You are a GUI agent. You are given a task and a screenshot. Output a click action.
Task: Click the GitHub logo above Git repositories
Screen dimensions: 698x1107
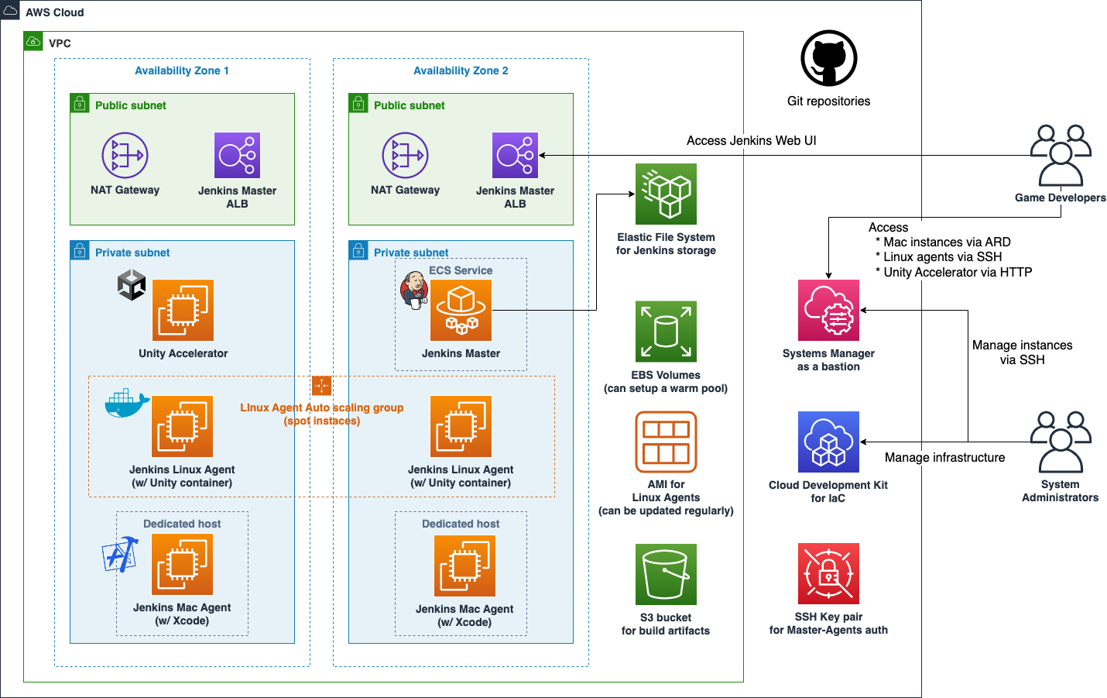pyautogui.click(x=828, y=58)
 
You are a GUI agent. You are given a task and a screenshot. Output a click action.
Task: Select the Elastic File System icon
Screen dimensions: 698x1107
pyautogui.click(x=666, y=194)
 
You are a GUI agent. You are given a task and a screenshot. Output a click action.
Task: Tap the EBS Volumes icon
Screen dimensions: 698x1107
pyautogui.click(x=666, y=332)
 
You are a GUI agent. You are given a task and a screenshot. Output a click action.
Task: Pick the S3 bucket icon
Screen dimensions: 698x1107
pyautogui.click(x=666, y=574)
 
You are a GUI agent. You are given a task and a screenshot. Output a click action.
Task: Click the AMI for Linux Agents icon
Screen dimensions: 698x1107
pyautogui.click(x=666, y=442)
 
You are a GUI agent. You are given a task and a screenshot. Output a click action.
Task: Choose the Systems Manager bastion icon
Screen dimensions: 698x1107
pyautogui.click(x=828, y=310)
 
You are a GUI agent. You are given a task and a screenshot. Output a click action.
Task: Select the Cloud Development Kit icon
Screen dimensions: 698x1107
pyautogui.click(x=828, y=442)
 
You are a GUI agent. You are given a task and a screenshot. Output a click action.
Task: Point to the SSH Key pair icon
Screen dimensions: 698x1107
pyautogui.click(x=828, y=573)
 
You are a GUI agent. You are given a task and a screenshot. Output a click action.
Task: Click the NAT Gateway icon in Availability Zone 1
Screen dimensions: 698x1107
pyautogui.click(x=125, y=155)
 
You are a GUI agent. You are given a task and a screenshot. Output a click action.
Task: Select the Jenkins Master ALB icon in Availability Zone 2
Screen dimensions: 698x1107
pyautogui.click(x=515, y=155)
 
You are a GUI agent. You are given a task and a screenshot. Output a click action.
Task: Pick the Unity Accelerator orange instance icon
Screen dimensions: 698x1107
pyautogui.click(x=183, y=310)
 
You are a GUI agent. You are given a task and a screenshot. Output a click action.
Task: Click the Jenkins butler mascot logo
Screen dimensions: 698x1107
pyautogui.click(x=414, y=291)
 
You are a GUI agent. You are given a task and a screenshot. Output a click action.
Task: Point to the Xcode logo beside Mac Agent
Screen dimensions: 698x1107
pyautogui.click(x=120, y=555)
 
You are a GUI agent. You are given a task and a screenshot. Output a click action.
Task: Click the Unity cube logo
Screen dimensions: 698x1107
pyautogui.click(x=132, y=285)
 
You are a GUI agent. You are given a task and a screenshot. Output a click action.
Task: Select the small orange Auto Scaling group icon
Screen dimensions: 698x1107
pyautogui.click(x=321, y=385)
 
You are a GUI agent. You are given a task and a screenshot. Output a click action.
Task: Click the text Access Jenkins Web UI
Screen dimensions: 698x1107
pyautogui.click(x=751, y=140)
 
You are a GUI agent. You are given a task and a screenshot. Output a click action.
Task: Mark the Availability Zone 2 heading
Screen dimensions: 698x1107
pyautogui.click(x=461, y=70)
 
